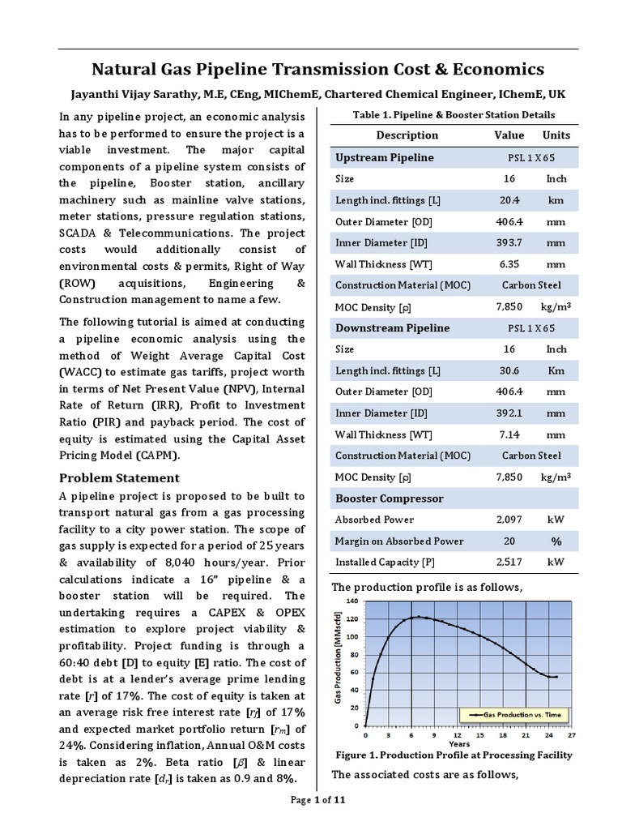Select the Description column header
tap(407, 135)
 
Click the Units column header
tap(556, 135)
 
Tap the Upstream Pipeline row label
tap(384, 157)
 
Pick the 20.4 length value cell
tap(509, 200)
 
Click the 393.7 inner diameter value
tap(509, 242)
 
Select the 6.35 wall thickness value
tap(509, 264)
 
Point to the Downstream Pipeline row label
tap(392, 328)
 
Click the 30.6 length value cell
tap(509, 370)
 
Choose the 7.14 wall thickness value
tap(509, 434)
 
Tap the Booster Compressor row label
tap(390, 498)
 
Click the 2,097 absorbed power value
tap(509, 520)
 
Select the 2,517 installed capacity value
tap(509, 562)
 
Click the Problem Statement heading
tap(120, 477)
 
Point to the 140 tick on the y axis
tap(351, 601)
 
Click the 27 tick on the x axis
tap(572, 736)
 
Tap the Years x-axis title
tap(459, 744)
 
